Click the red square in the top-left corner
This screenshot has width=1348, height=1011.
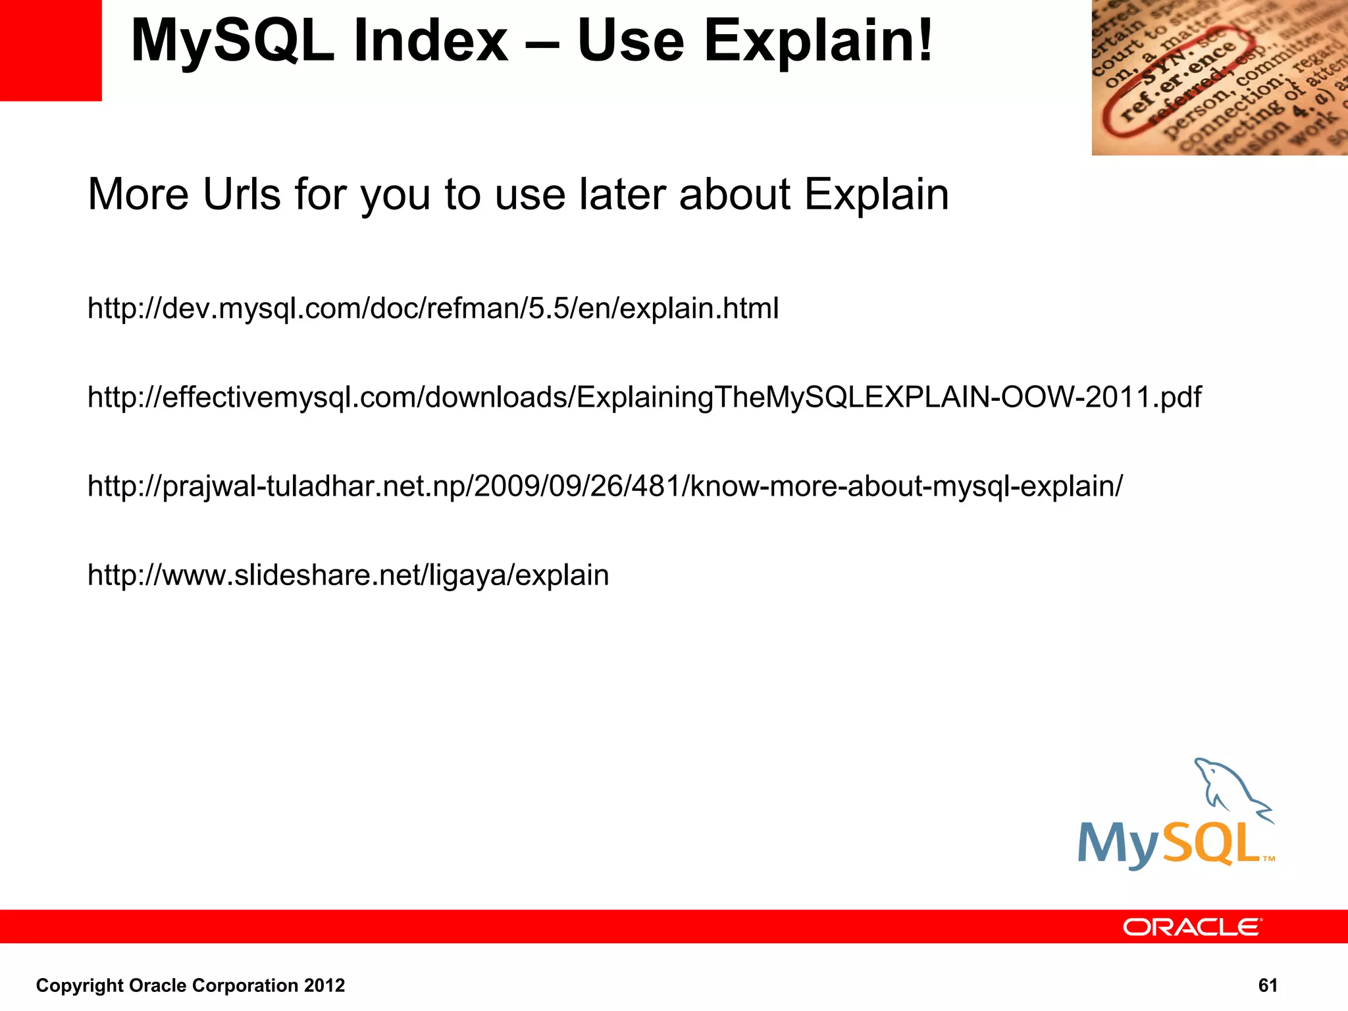50,50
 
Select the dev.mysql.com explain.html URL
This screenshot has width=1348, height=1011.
433,308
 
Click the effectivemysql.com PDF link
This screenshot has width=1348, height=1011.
644,397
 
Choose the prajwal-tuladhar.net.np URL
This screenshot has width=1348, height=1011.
604,486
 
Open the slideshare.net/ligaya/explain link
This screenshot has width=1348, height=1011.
348,575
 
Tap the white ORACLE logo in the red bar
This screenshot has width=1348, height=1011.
1191,927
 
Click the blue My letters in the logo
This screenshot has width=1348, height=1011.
1118,846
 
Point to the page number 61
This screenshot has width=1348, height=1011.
1267,985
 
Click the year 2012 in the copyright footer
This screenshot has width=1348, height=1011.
324,985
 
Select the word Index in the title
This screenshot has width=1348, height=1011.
430,41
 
